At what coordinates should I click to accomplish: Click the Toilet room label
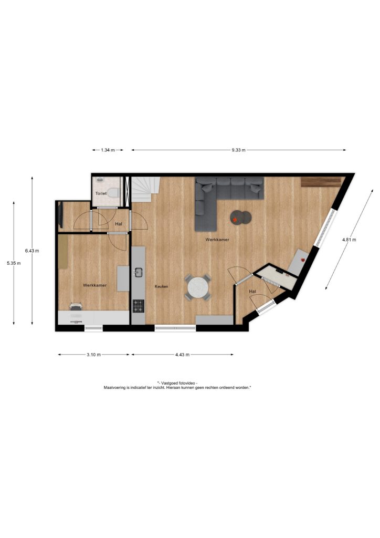pyautogui.click(x=101, y=193)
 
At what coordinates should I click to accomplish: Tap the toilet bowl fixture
pyautogui.click(x=113, y=193)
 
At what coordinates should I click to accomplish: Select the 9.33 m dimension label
pyautogui.click(x=238, y=150)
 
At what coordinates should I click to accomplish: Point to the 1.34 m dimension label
pyautogui.click(x=108, y=150)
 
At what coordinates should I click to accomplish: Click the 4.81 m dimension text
pyautogui.click(x=349, y=240)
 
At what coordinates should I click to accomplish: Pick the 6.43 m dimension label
pyautogui.click(x=32, y=251)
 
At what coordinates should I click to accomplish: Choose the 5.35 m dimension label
pyautogui.click(x=14, y=264)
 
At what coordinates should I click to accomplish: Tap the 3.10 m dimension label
pyautogui.click(x=93, y=355)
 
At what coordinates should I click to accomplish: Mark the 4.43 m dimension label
pyautogui.click(x=182, y=355)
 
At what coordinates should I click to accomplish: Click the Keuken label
pyautogui.click(x=161, y=286)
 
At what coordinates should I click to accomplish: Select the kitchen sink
pyautogui.click(x=139, y=273)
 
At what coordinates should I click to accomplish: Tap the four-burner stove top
pyautogui.click(x=139, y=306)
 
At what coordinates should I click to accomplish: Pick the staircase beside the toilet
pyautogui.click(x=146, y=189)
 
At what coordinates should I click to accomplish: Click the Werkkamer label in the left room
pyautogui.click(x=94, y=285)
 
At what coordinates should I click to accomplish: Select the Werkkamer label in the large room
pyautogui.click(x=217, y=240)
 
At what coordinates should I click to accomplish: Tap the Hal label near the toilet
pyautogui.click(x=119, y=224)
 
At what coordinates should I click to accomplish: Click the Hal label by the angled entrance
pyautogui.click(x=252, y=292)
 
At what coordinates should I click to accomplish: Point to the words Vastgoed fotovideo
pyautogui.click(x=178, y=383)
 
